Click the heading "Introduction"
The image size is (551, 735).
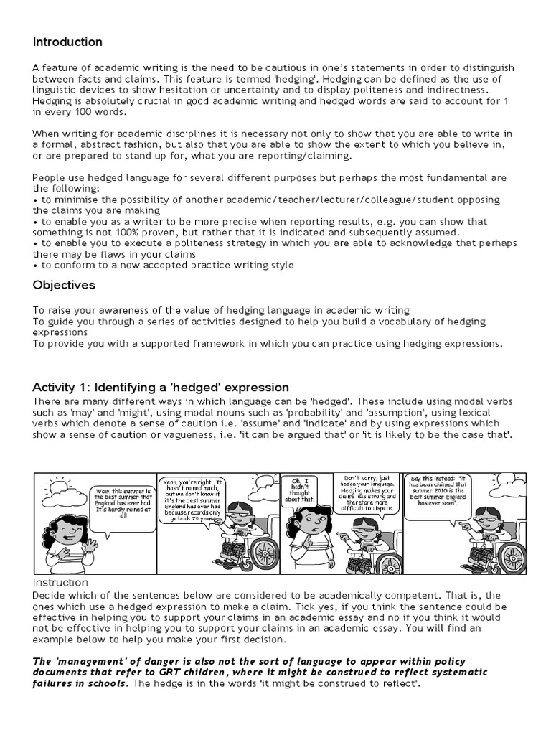(x=67, y=42)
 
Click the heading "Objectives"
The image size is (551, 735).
(x=64, y=284)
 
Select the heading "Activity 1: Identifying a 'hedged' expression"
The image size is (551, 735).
(x=161, y=387)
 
